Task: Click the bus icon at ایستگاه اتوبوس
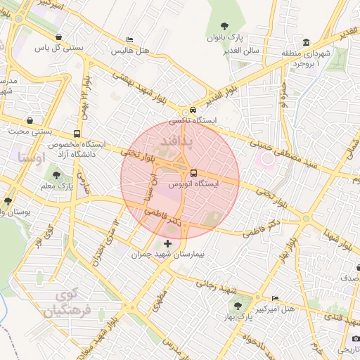tap(193, 172)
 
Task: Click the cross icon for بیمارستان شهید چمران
tap(167, 243)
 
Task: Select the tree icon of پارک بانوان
tap(233, 25)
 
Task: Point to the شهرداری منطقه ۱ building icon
tap(307, 42)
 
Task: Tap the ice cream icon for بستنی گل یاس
tap(58, 37)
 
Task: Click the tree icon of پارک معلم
tap(56, 175)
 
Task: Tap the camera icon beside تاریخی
tap(356, 339)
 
